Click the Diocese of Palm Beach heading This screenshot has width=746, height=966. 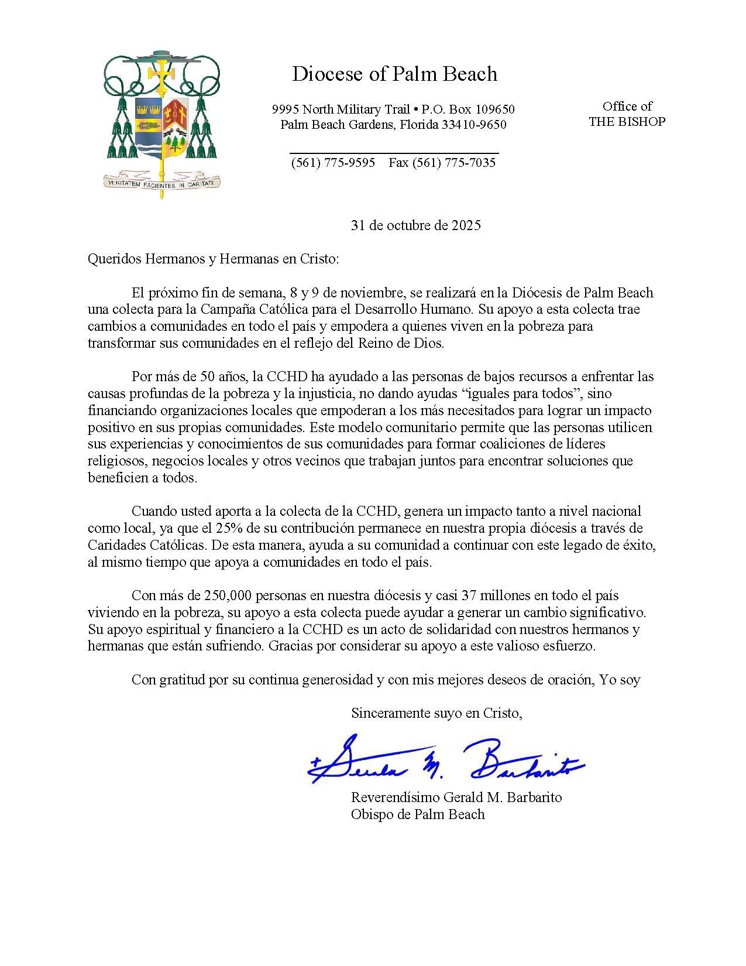394,74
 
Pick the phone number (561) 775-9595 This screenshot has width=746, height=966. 333,163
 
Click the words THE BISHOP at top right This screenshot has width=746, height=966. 627,122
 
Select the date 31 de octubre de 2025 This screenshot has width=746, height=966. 415,225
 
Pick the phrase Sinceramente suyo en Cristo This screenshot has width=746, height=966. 436,713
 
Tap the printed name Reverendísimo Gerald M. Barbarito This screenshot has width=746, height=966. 456,797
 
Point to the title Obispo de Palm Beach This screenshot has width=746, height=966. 418,814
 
